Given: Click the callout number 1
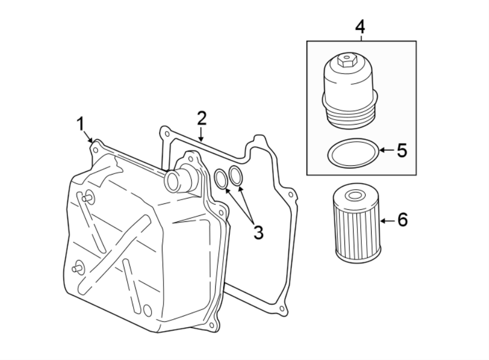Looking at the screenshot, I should click(x=80, y=125).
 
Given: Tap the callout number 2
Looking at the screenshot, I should click(x=202, y=117).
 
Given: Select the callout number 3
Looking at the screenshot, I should click(x=258, y=233).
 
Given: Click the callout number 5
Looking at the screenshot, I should click(x=402, y=151).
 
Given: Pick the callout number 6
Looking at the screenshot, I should click(x=402, y=220).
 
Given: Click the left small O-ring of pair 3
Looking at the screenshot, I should click(x=221, y=179).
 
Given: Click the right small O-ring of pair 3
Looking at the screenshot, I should click(x=236, y=175).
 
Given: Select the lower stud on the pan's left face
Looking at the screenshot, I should click(x=77, y=268).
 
